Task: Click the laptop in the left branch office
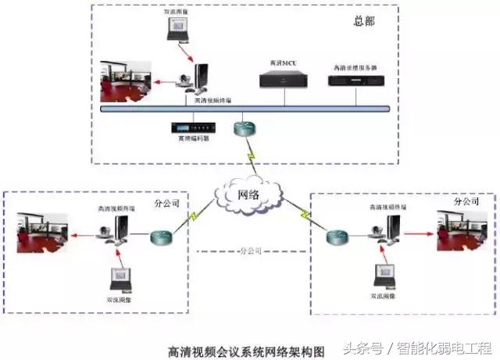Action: pos(121,278)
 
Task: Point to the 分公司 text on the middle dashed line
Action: pos(250,251)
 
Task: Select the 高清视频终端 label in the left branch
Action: pos(116,209)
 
